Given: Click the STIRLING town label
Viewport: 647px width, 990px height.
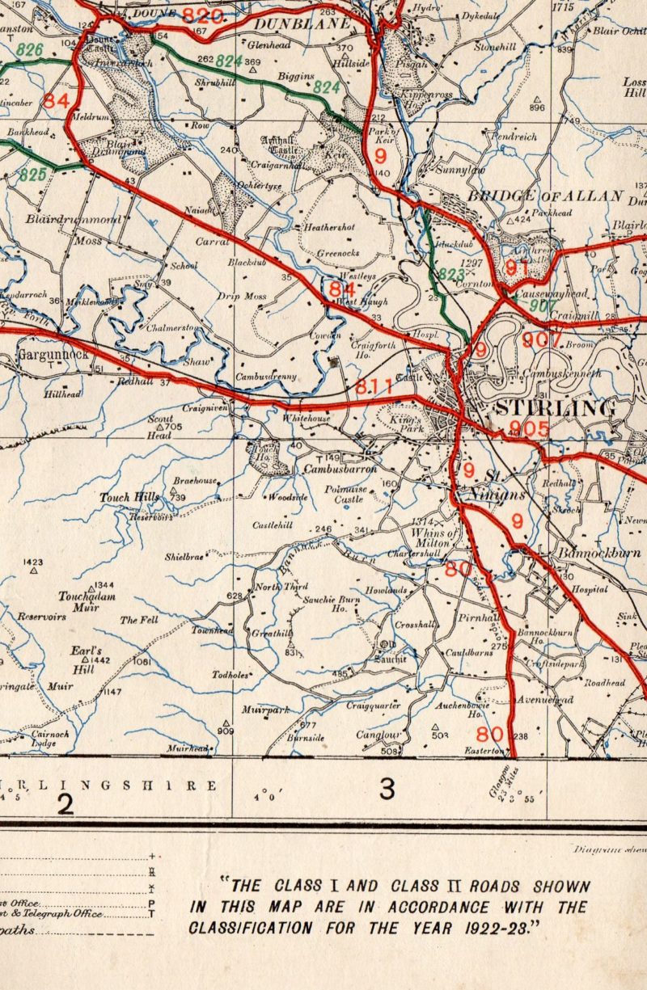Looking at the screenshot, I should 556,407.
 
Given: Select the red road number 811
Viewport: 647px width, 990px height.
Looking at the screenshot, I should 374,388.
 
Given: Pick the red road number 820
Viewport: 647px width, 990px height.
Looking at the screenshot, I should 201,15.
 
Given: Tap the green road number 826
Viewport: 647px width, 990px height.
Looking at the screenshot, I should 30,50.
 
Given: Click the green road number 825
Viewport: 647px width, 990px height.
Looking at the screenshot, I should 33,173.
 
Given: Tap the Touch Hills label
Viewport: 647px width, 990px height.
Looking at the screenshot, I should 125,497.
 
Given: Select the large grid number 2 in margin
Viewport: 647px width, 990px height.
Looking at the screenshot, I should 66,803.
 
